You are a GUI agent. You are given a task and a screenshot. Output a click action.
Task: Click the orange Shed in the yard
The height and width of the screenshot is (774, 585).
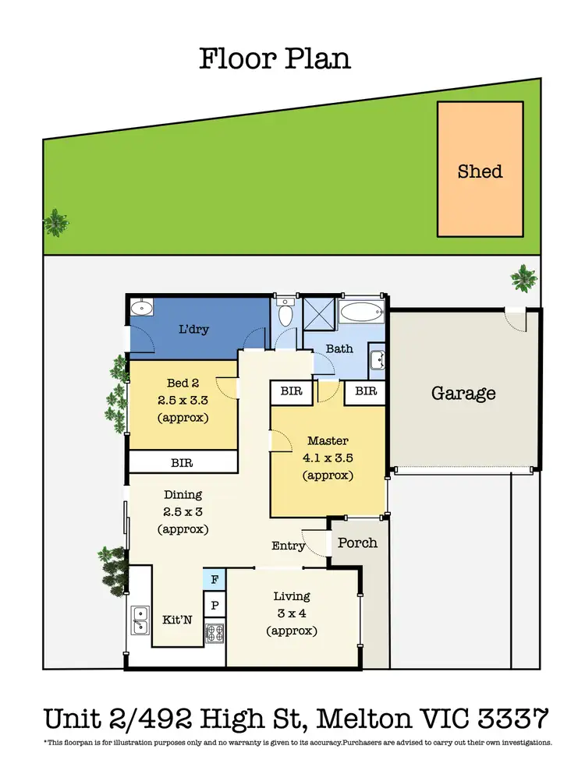(x=480, y=169)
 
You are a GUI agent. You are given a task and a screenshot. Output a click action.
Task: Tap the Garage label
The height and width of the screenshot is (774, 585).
(x=463, y=393)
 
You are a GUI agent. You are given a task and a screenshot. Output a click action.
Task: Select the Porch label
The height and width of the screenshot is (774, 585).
(x=357, y=543)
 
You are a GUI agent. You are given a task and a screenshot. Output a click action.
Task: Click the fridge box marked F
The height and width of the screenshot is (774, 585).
(x=214, y=579)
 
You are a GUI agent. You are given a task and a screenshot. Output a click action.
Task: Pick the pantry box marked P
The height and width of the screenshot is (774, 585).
(x=214, y=605)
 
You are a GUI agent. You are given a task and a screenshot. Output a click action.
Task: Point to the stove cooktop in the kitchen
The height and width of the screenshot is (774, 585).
(x=214, y=631)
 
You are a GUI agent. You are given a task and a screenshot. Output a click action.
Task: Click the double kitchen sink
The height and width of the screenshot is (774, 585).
(x=140, y=620)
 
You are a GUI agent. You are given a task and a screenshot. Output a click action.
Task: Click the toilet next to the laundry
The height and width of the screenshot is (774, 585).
(x=285, y=313)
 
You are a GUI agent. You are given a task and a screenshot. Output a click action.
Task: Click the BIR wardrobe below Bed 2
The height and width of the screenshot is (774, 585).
(x=183, y=462)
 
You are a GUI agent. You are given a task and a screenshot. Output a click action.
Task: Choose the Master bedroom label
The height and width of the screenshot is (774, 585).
(x=328, y=440)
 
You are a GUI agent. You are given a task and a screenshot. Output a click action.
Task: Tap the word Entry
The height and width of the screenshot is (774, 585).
(x=288, y=546)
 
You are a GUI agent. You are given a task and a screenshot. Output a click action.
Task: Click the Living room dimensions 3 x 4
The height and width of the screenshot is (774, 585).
(x=292, y=613)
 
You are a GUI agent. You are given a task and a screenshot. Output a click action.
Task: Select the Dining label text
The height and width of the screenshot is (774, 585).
(x=183, y=494)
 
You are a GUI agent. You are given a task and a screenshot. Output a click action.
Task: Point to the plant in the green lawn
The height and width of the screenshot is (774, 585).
(x=55, y=222)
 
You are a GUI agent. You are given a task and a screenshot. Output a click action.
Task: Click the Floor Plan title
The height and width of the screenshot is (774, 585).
(x=275, y=58)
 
